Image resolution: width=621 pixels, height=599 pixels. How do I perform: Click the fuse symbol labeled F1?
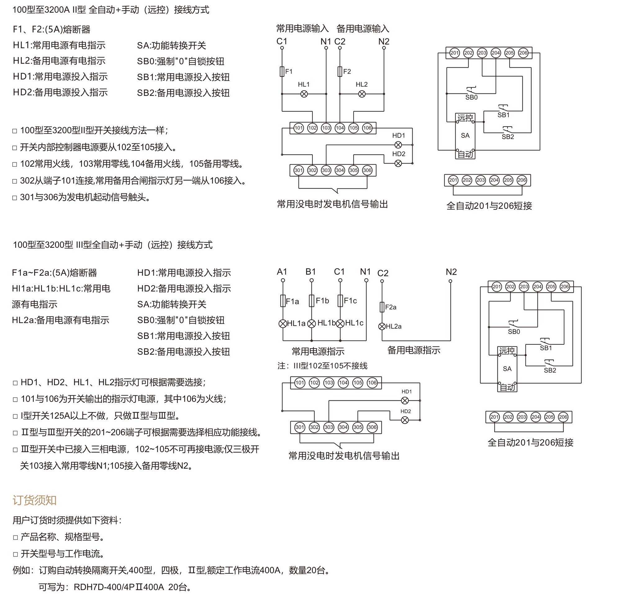pyautogui.click(x=282, y=72)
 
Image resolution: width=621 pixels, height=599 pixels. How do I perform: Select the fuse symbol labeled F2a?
pyautogui.click(x=382, y=307)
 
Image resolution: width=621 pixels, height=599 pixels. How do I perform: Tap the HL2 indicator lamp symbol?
pyautogui.click(x=362, y=94)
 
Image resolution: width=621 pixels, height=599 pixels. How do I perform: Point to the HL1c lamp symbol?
pyautogui.click(x=340, y=323)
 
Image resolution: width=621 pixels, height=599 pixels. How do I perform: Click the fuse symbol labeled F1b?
pyautogui.click(x=312, y=301)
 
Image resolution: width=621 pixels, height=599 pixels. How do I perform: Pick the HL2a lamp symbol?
pyautogui.click(x=382, y=326)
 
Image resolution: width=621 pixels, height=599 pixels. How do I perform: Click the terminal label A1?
pyautogui.click(x=282, y=272)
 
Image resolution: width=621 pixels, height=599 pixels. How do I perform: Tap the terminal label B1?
pyautogui.click(x=310, y=272)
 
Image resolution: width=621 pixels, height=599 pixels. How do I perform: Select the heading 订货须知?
pyautogui.click(x=34, y=500)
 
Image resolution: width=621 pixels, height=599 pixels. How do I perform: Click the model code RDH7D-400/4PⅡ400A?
pyautogui.click(x=119, y=587)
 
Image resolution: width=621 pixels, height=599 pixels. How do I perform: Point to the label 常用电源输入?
pyautogui.click(x=302, y=29)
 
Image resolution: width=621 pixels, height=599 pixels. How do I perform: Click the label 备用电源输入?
pyautogui.click(x=363, y=29)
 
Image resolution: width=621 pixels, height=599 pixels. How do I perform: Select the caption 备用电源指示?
pyautogui.click(x=414, y=350)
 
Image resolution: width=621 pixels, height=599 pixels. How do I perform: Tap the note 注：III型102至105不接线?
pyautogui.click(x=323, y=366)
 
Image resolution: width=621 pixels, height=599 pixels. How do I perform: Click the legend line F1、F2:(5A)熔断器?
pyautogui.click(x=52, y=29)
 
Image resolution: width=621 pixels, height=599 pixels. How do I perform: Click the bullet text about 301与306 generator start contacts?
pyautogui.click(x=81, y=197)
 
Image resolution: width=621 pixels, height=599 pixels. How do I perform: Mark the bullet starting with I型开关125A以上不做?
pyautogui.click(x=97, y=416)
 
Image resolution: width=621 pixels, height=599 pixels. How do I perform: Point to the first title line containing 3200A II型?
pyautogui.click(x=111, y=10)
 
